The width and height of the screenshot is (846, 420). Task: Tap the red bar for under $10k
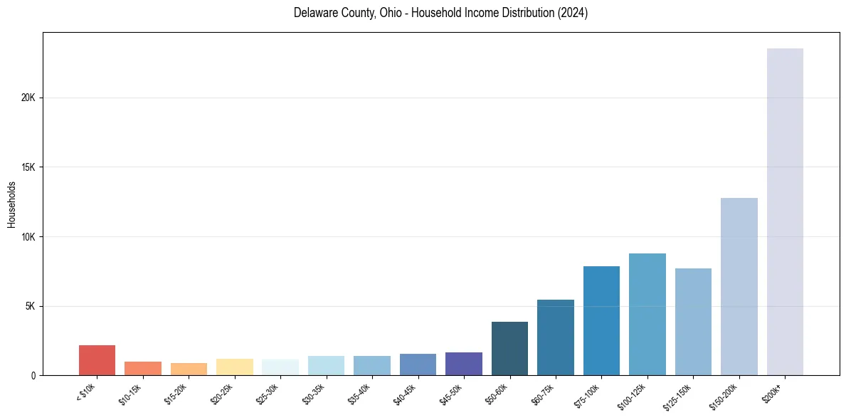coord(97,360)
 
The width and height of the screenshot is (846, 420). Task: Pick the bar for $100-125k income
coord(647,314)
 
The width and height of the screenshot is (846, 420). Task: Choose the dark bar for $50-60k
coord(509,348)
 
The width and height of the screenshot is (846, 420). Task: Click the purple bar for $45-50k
coord(464,364)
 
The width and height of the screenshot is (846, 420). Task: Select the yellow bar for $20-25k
coord(235,367)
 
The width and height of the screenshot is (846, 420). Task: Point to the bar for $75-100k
coord(601,320)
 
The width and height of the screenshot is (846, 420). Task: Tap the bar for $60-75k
coord(556,337)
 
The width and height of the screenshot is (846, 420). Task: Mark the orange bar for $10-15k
coord(143,368)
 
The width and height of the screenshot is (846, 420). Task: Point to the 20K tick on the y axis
coord(28,98)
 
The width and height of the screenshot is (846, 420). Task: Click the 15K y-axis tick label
coord(28,167)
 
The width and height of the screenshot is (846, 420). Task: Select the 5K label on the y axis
coord(31,306)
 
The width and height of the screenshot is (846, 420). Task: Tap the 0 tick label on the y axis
coord(33,376)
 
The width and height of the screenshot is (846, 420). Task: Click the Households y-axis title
coord(11,204)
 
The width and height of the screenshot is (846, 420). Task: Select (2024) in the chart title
coord(573,13)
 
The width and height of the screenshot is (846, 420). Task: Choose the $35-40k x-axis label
coord(359,394)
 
